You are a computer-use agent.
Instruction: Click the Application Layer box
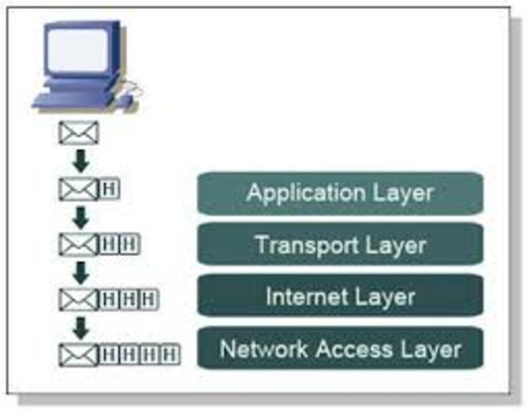tap(340, 193)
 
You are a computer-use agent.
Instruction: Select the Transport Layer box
tap(340, 245)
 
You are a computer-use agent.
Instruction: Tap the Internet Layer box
tap(340, 297)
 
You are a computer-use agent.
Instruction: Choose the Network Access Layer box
tap(340, 349)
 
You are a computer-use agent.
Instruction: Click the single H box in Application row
tap(110, 188)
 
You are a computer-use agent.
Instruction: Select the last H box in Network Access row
tap(171, 353)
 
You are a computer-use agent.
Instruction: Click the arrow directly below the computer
tap(80, 160)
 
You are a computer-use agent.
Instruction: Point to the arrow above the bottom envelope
tap(80, 326)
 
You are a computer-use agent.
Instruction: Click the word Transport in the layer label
tap(295, 245)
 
